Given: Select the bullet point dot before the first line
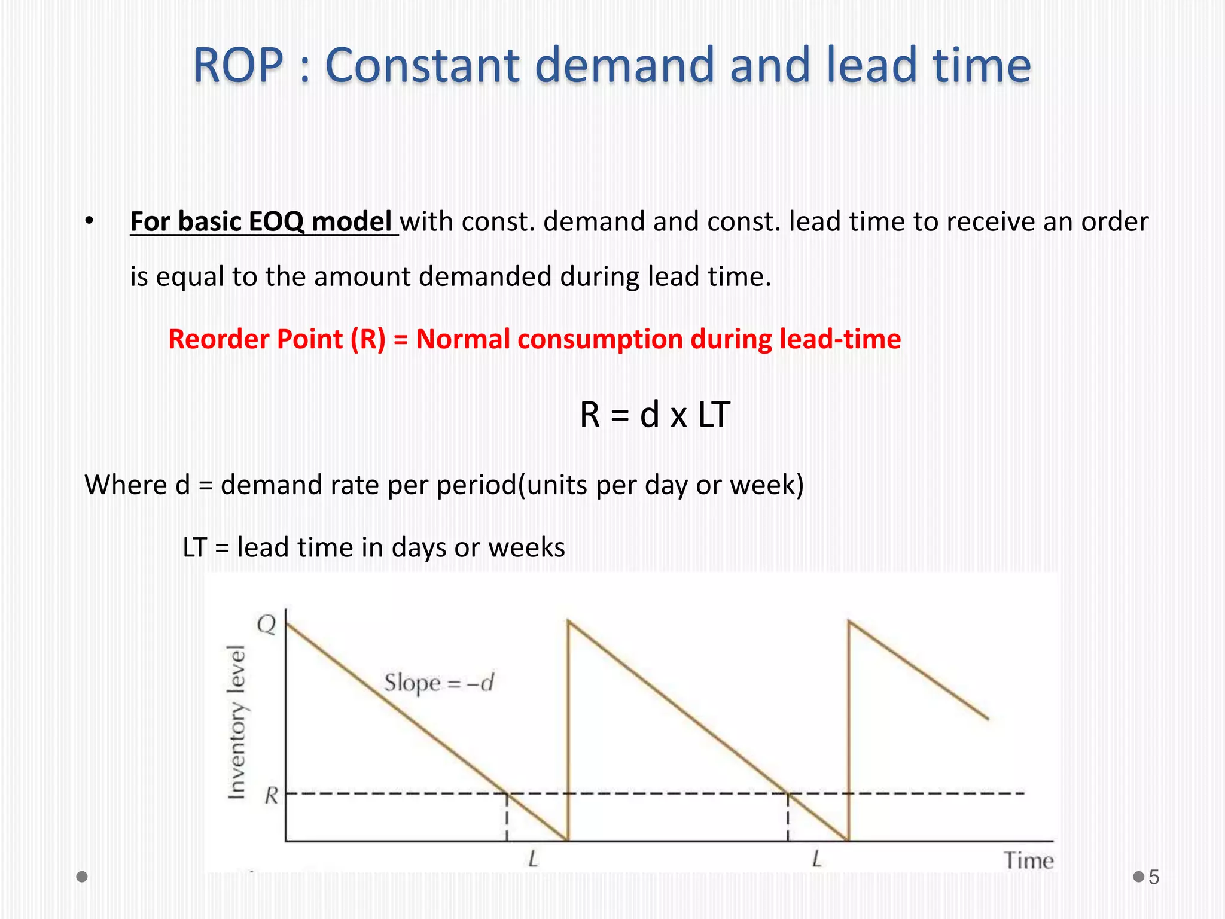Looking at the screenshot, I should click(x=89, y=220).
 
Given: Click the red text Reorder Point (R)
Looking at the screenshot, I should click(x=277, y=339).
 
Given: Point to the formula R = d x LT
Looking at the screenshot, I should click(x=654, y=415).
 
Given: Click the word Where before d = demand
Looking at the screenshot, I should click(x=125, y=485).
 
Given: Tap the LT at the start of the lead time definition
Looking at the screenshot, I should click(x=194, y=547).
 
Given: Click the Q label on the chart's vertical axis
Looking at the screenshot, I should click(x=267, y=625).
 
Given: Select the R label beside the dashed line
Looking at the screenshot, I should click(x=272, y=796).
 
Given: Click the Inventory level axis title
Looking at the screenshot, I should click(x=237, y=722).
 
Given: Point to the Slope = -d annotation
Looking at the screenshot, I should click(x=438, y=683).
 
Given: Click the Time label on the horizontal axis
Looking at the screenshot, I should click(x=1028, y=860).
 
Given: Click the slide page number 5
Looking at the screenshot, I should click(x=1154, y=877).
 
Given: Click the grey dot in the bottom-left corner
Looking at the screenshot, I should click(x=83, y=877).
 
